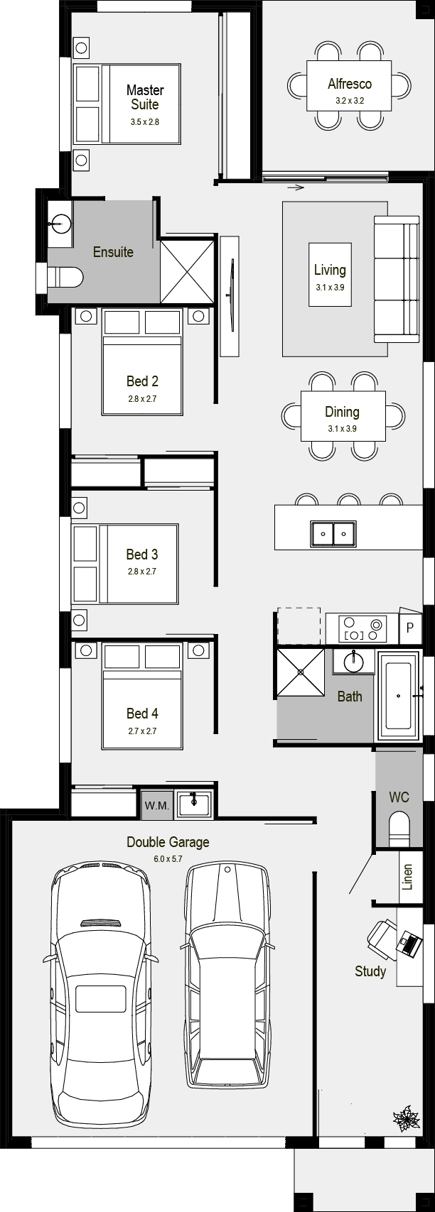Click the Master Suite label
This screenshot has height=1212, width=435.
point(144,97)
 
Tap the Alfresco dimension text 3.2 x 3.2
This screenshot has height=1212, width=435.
point(350,101)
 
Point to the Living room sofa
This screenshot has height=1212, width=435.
point(397,278)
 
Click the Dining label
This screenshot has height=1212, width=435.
point(342,412)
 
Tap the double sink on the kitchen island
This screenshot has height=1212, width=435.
point(333,533)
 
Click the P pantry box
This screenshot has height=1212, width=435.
point(410,628)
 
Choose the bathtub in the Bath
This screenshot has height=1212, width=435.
point(398,695)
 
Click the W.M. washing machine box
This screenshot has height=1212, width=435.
point(156,806)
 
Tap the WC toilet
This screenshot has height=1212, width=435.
point(399,829)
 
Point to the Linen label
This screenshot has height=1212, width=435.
point(407,877)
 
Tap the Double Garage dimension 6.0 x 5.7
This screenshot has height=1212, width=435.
point(168,858)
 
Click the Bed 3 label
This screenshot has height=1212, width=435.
point(142,554)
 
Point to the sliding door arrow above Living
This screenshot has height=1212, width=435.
point(295,187)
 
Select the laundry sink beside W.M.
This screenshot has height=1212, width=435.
point(193,804)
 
